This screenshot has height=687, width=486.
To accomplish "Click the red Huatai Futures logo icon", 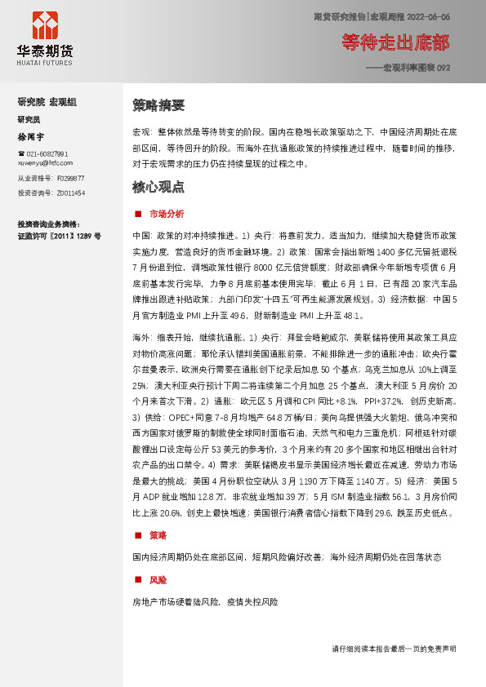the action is pos(46,24).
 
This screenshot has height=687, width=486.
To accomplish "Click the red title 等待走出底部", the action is pos(395,42).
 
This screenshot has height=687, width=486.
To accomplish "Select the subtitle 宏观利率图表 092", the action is pos(412,68).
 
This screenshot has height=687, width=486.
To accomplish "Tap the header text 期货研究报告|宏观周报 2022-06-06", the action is pos(381,16).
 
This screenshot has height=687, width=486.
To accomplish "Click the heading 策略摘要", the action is pos(158,105).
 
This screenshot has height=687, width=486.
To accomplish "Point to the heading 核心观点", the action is pos(158,187).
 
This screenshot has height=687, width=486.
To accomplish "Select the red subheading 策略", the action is pos(158,535).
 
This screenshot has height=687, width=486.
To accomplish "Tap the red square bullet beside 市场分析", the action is pos(137,214).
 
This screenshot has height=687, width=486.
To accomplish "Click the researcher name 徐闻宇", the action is pos(31,136).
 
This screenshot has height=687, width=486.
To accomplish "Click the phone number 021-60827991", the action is pos(47,154).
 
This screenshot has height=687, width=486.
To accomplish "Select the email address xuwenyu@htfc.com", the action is pos(45,162).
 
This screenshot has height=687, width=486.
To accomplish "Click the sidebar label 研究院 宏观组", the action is pos(47,102).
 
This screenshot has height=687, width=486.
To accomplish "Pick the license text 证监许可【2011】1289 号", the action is pos(59,236).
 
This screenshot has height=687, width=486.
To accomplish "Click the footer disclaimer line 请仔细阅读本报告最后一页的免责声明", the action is pos(394,649).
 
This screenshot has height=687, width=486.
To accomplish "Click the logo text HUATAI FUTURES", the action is pos(45,62).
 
